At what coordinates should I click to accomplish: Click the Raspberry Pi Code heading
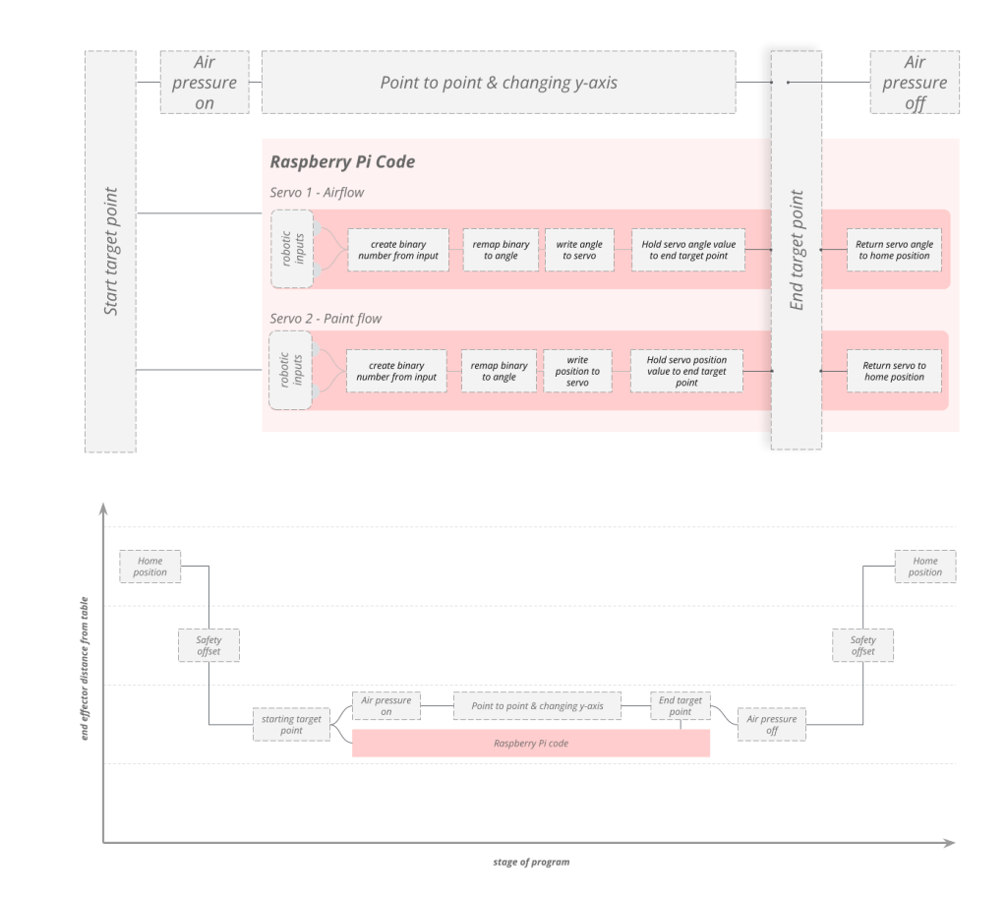341,162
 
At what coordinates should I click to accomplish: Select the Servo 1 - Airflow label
317,193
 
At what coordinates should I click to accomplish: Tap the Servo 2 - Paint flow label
326,319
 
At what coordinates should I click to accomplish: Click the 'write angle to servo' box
579,250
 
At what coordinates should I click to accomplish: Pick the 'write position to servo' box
577,371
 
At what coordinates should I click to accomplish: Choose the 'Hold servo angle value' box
687,250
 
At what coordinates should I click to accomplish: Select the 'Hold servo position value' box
686,371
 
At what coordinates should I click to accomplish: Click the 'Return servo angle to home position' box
895,250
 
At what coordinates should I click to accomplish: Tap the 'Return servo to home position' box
894,371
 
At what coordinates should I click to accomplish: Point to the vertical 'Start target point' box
110,252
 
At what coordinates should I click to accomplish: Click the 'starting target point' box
291,725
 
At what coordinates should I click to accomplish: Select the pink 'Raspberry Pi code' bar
531,744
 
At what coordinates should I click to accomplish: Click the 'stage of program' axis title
531,863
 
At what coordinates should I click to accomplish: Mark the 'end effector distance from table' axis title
85,673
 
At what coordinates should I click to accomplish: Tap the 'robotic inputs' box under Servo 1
292,249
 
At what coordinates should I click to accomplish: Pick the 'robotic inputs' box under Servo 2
291,371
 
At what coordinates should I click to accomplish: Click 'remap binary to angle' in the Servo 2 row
499,371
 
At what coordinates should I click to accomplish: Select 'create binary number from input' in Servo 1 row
397,250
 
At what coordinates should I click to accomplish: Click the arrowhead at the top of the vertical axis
103,509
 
